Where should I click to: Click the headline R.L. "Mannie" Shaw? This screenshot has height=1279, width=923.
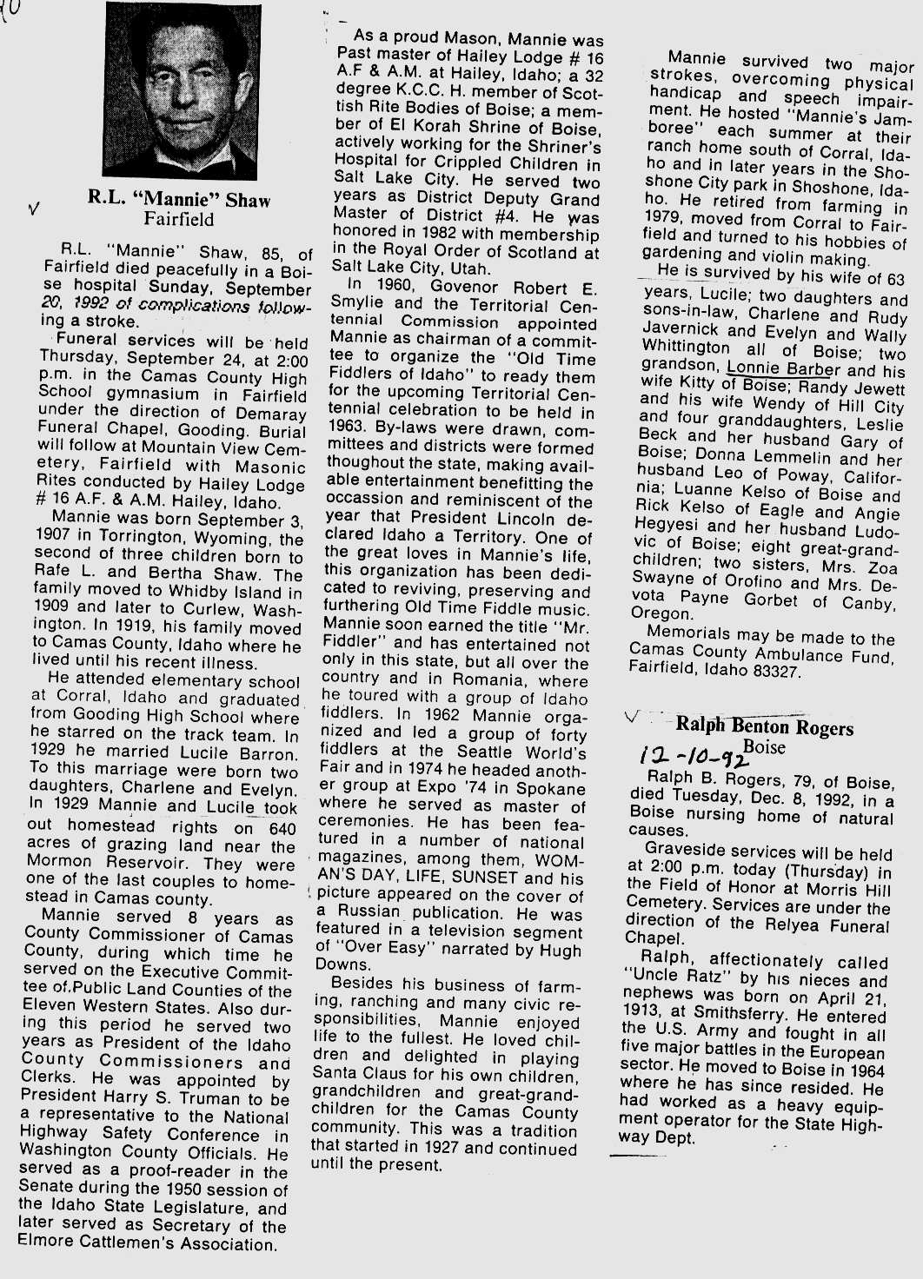click(x=179, y=200)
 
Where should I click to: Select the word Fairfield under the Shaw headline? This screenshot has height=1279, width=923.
click(x=179, y=219)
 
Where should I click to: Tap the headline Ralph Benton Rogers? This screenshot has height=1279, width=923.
click(x=764, y=726)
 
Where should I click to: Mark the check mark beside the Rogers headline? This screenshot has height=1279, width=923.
click(x=632, y=717)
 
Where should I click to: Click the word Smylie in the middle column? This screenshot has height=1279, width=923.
click(x=361, y=304)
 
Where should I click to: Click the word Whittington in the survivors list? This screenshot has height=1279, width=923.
click(x=686, y=346)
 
